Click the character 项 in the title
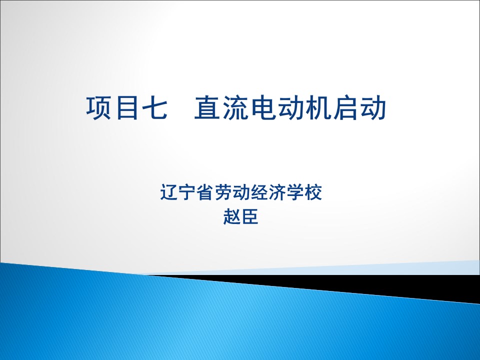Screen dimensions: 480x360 tap(98, 107)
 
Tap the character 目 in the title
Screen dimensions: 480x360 tap(127, 107)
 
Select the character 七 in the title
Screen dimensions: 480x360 tap(154, 107)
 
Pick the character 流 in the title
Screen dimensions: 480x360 tap(235, 107)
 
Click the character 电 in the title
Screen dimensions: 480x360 tap(262, 107)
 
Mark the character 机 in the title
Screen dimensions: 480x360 tap(318, 107)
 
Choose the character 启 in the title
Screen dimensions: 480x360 tap(346, 107)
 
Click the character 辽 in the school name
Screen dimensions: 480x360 tap(169, 192)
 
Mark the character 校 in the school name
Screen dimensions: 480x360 tap(313, 192)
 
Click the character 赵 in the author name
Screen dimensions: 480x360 tap(232, 216)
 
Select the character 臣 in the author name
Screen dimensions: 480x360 tap(250, 216)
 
